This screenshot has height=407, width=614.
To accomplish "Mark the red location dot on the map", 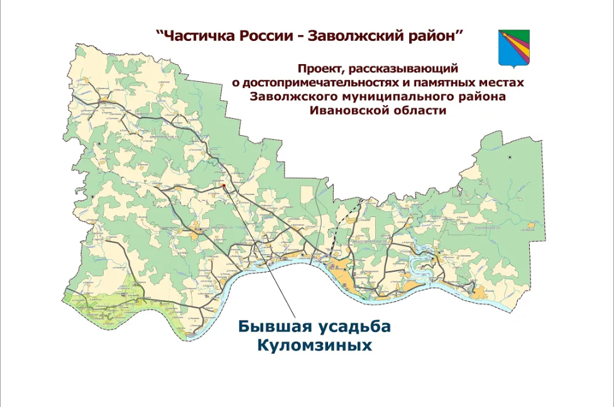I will tap(223, 186).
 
